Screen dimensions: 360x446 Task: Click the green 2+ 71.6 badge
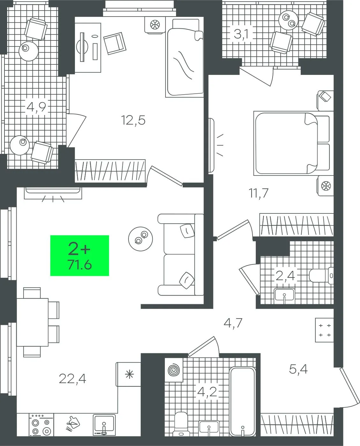point(79,255)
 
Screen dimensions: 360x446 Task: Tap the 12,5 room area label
point(133,120)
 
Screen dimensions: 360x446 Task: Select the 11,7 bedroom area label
point(259,193)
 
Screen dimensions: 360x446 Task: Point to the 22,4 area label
point(72,379)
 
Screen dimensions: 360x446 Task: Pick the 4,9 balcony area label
point(36,107)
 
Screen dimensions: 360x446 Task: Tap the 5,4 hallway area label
point(298,369)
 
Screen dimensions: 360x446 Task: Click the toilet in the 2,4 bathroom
point(321,276)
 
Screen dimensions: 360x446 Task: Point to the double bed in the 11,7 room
point(292,143)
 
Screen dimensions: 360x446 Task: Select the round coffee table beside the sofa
point(141,239)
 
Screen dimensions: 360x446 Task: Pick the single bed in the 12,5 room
point(184,58)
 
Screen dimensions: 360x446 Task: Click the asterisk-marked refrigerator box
point(128,375)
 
